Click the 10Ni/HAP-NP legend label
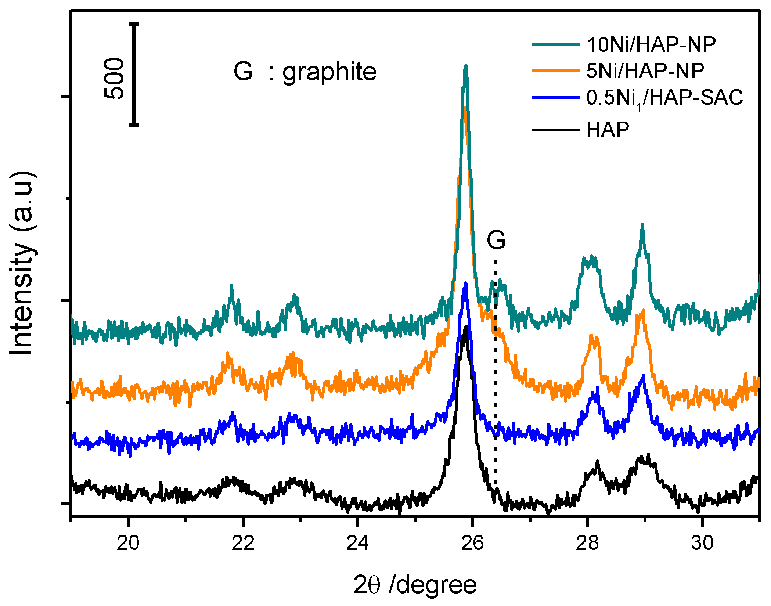coord(651,45)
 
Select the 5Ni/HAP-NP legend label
coord(645,71)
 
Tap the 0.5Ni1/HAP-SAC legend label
coord(664,98)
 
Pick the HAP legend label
coord(608,130)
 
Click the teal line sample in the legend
coord(555,45)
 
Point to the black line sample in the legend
coord(555,130)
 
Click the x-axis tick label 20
coord(128,543)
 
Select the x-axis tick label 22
coord(243,543)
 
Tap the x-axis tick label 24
coord(357,543)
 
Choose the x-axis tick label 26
coord(472,543)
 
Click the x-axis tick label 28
coord(587,543)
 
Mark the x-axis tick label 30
coord(702,543)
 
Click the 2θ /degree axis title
coord(415,585)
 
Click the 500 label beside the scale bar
coord(114,78)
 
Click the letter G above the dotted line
coord(496,241)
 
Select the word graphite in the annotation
coord(329,72)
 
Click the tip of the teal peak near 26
coord(466,66)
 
